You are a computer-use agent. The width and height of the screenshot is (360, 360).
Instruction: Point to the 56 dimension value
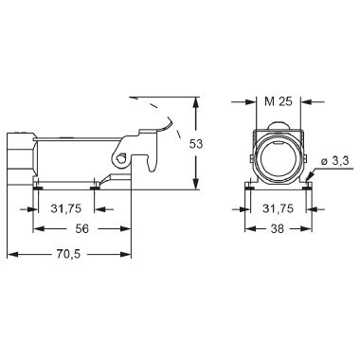pyautogui.click(x=81, y=228)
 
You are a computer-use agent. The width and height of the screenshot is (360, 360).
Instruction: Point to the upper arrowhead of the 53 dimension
pyautogui.click(x=195, y=99)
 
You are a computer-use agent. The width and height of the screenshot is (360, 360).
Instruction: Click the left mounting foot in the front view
pyautogui.click(x=248, y=186)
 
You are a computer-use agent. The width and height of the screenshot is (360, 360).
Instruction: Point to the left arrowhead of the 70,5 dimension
pyautogui.click(x=11, y=255)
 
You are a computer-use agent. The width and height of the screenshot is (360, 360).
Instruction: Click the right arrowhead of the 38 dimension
pyautogui.click(x=306, y=229)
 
